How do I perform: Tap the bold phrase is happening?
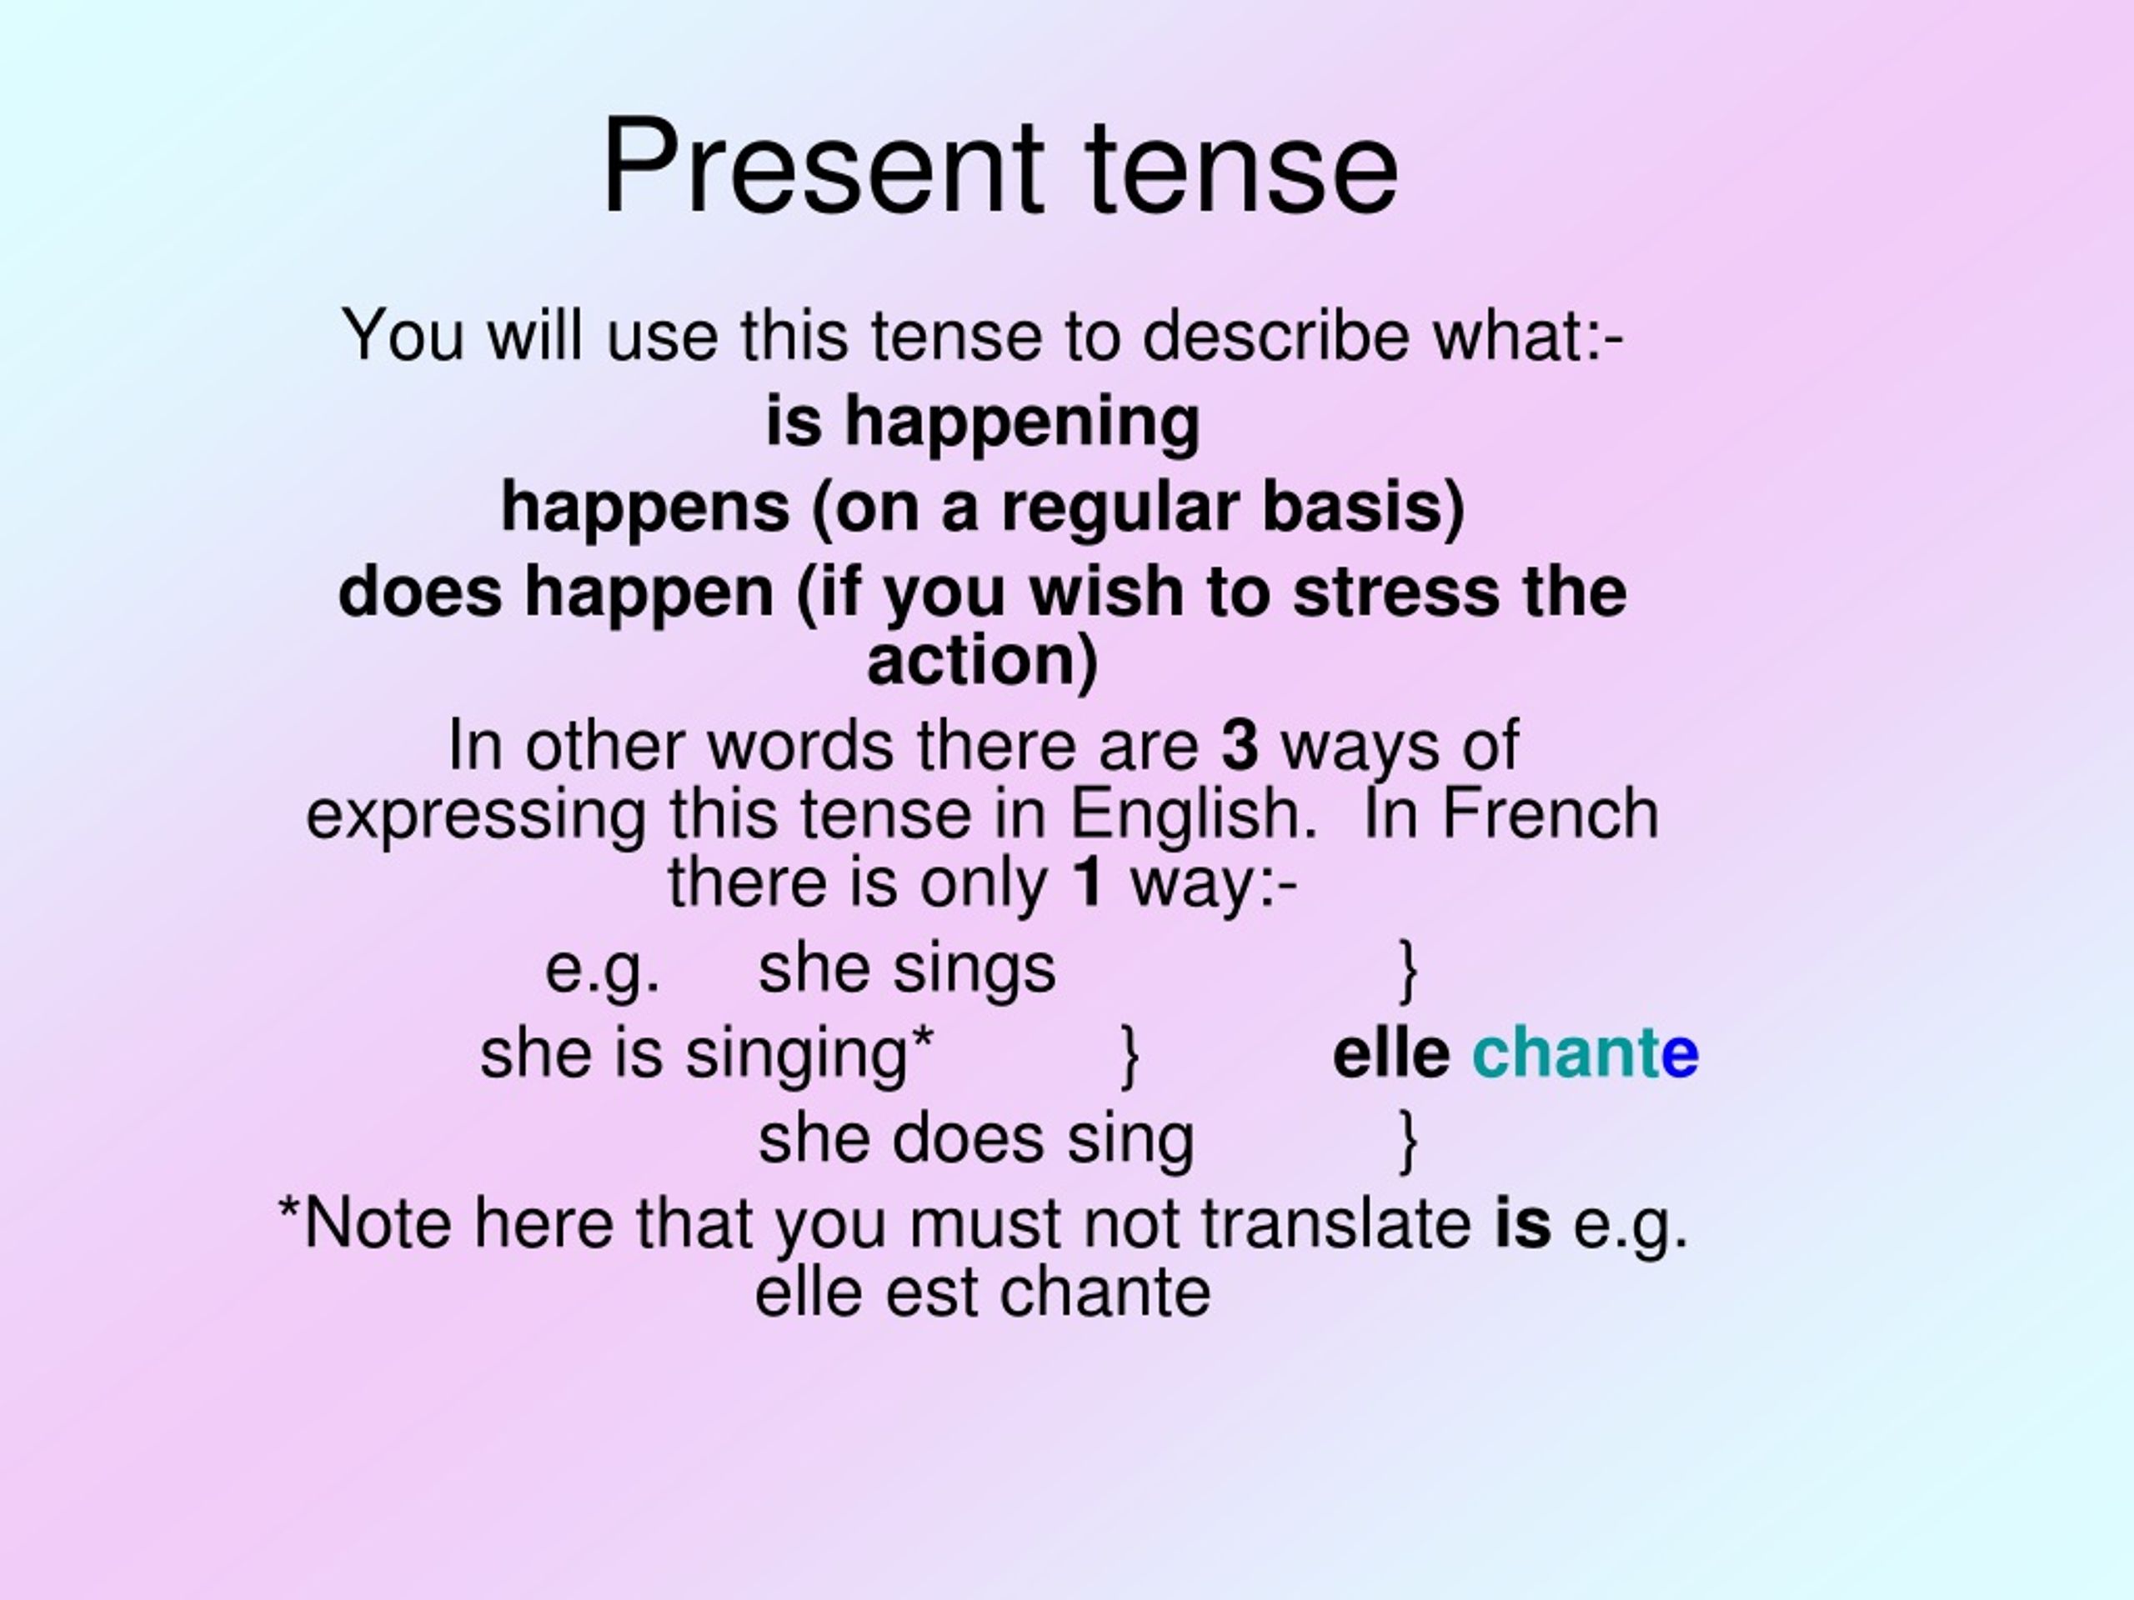pyautogui.click(x=983, y=422)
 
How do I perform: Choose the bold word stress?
pyautogui.click(x=1396, y=592)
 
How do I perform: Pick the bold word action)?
pyautogui.click(x=982, y=662)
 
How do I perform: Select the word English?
pyautogui.click(x=1195, y=815)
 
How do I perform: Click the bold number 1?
pyautogui.click(x=1087, y=882)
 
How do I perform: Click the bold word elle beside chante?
pyautogui.click(x=1390, y=1052)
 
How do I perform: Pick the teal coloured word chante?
pyautogui.click(x=1585, y=1052)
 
